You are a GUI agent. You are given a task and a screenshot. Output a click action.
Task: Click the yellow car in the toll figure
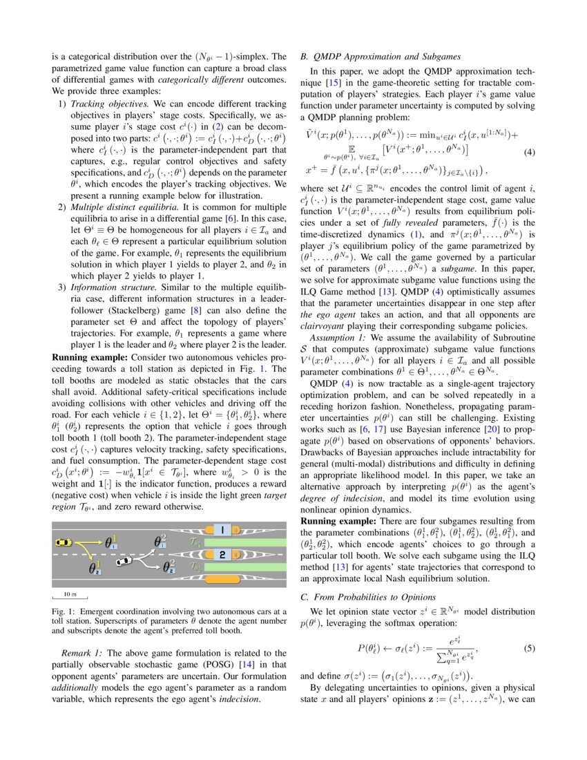(64, 543)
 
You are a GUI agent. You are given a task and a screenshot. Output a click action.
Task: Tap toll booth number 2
(222, 554)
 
